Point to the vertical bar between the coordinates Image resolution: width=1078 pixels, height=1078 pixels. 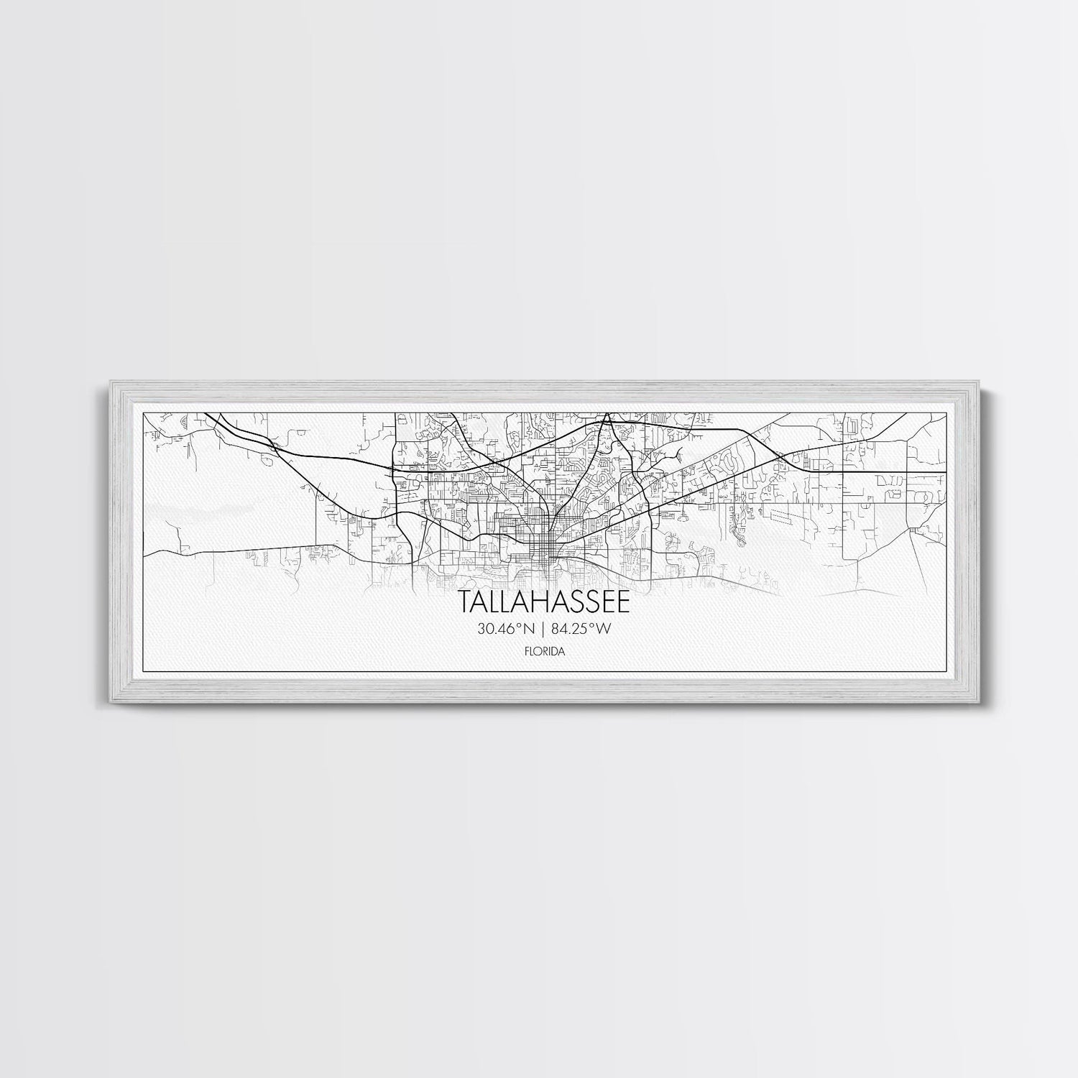[543, 630]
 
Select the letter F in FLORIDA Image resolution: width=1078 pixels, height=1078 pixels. [527, 652]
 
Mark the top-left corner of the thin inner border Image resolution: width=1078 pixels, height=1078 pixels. [144, 413]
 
